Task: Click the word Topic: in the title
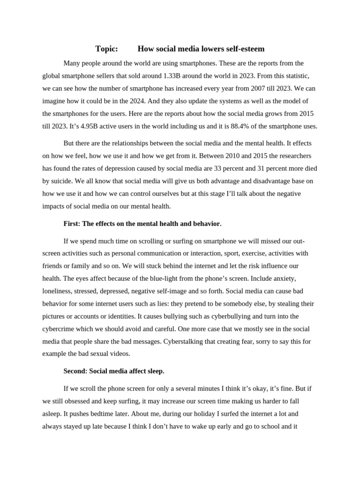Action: pyautogui.click(x=106, y=49)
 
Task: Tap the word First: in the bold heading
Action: pyautogui.click(x=72, y=224)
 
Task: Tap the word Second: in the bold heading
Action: pyautogui.click(x=75, y=371)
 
